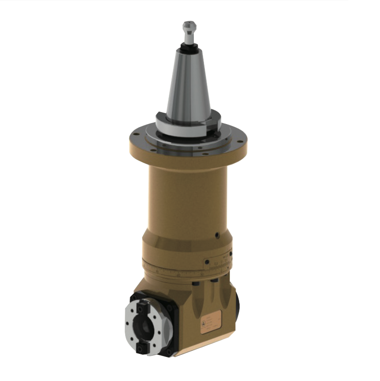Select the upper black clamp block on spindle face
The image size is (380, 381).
click(x=142, y=307)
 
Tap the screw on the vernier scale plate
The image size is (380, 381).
click(x=208, y=263)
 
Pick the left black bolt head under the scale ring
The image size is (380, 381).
click(x=196, y=283)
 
